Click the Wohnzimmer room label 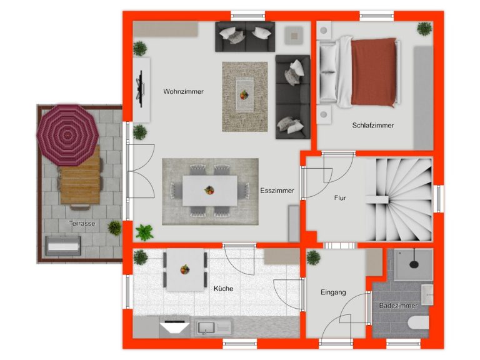(x=183, y=91)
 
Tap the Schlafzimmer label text (x=373, y=125)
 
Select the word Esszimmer (x=277, y=191)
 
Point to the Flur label (x=340, y=198)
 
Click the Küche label (x=224, y=288)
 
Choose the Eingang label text (x=333, y=292)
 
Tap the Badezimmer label (x=398, y=306)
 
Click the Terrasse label (x=82, y=224)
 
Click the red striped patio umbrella (x=67, y=135)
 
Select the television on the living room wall (x=141, y=89)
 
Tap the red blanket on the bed (x=374, y=72)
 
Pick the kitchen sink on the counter (x=214, y=327)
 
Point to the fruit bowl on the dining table (x=209, y=191)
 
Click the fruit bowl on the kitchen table (x=185, y=269)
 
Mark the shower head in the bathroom (x=414, y=263)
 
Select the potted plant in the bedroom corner (x=424, y=29)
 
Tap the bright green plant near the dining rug (x=144, y=232)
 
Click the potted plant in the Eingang (x=314, y=257)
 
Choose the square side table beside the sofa (x=294, y=36)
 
